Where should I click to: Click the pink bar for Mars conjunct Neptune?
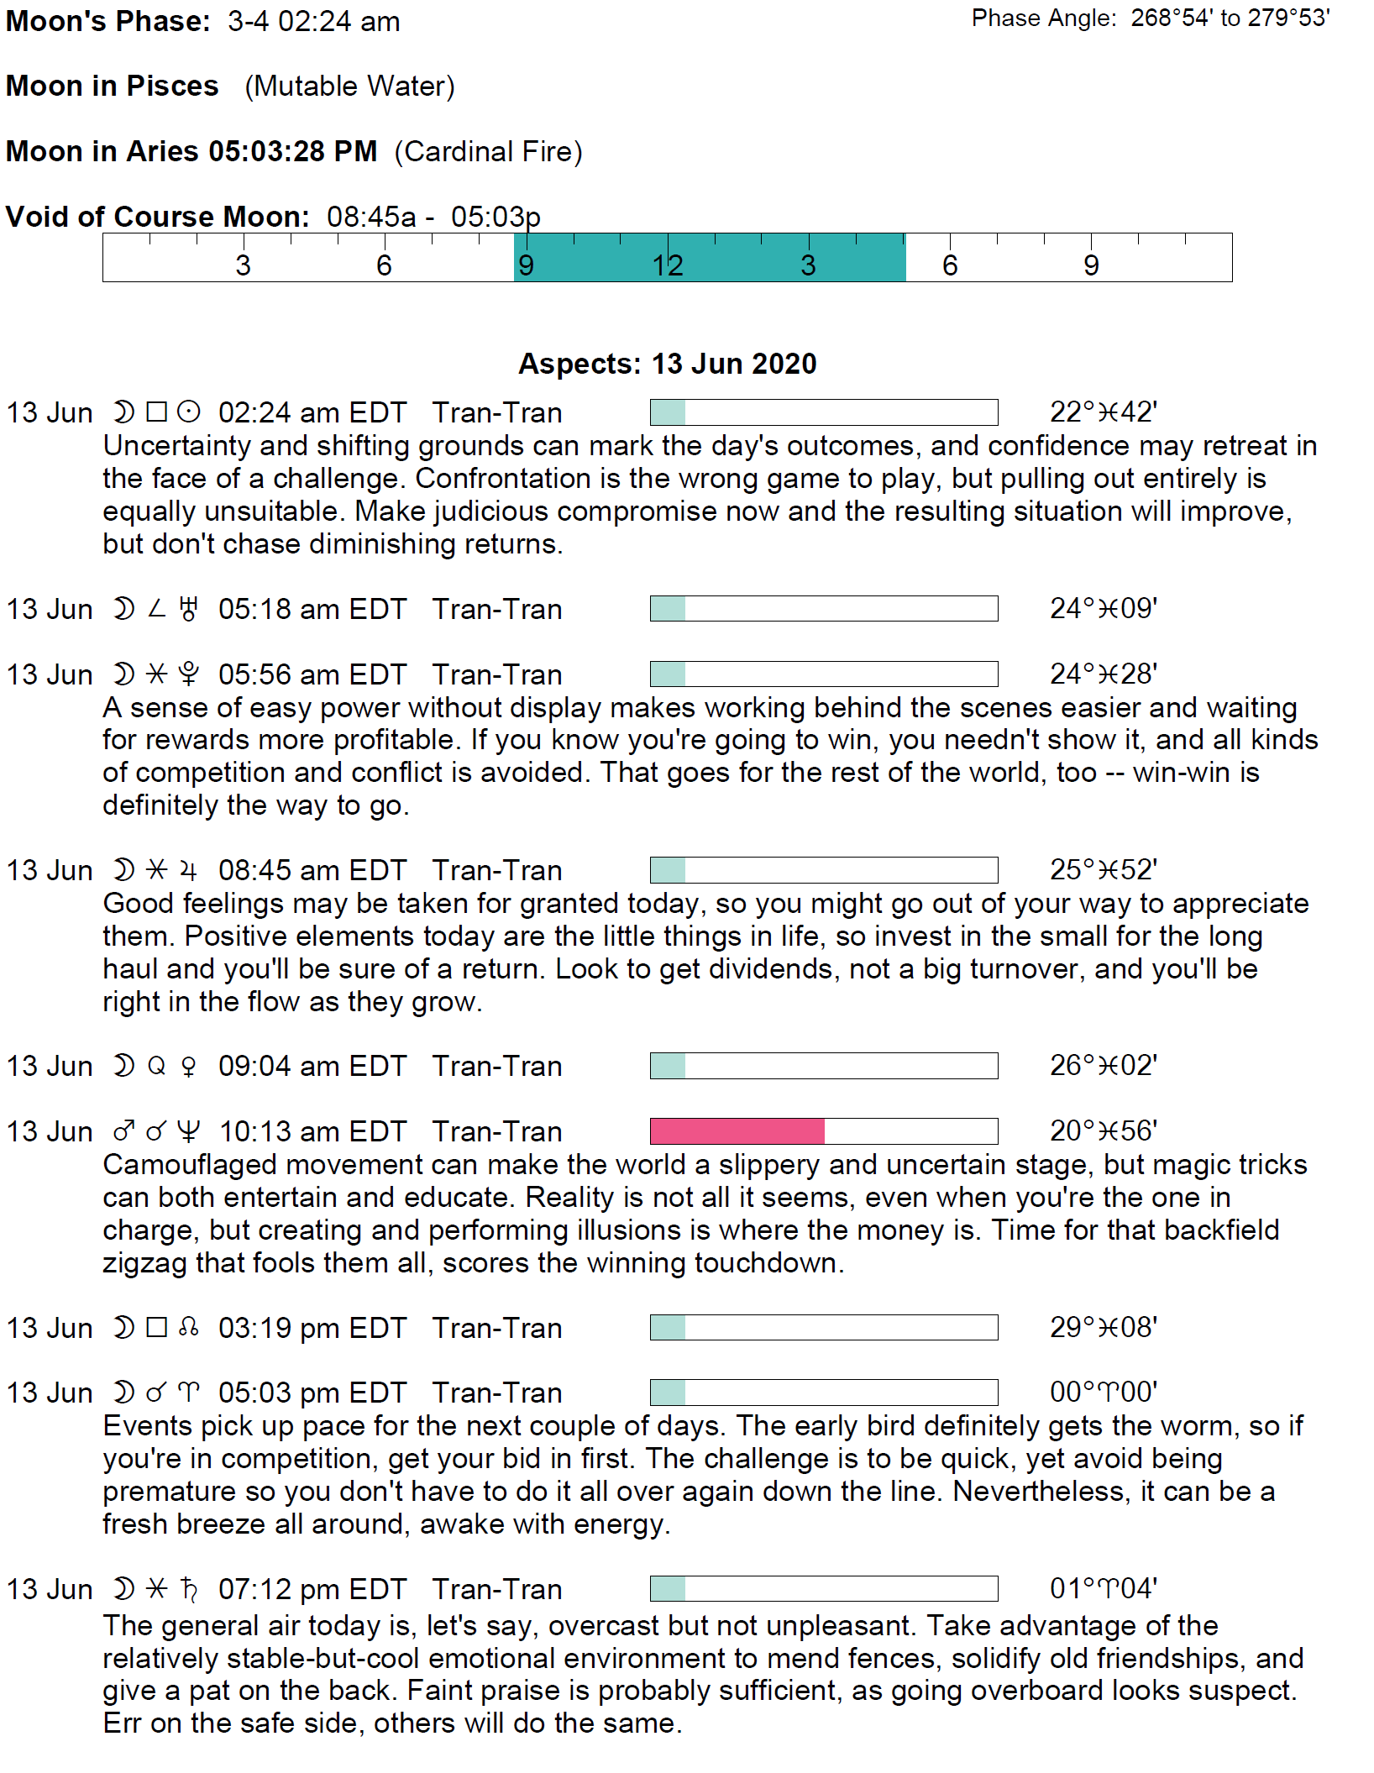click(737, 1130)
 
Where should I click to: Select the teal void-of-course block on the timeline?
click(710, 257)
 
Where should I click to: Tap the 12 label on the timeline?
click(668, 265)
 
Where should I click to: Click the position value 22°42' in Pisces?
click(1103, 412)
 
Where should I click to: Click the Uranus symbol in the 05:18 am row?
click(189, 609)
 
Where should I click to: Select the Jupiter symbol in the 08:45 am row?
click(189, 870)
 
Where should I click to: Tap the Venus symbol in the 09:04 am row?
click(189, 1067)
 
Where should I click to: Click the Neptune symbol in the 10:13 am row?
click(189, 1132)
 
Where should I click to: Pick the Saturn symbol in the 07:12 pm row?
click(189, 1589)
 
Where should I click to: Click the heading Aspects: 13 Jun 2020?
click(668, 364)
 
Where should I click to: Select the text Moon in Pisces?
click(112, 86)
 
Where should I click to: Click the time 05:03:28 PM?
click(292, 151)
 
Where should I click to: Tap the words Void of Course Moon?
click(157, 217)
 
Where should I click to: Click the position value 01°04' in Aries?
click(1103, 1588)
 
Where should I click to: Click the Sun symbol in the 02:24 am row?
click(189, 412)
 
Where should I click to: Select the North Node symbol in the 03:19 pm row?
click(189, 1328)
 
